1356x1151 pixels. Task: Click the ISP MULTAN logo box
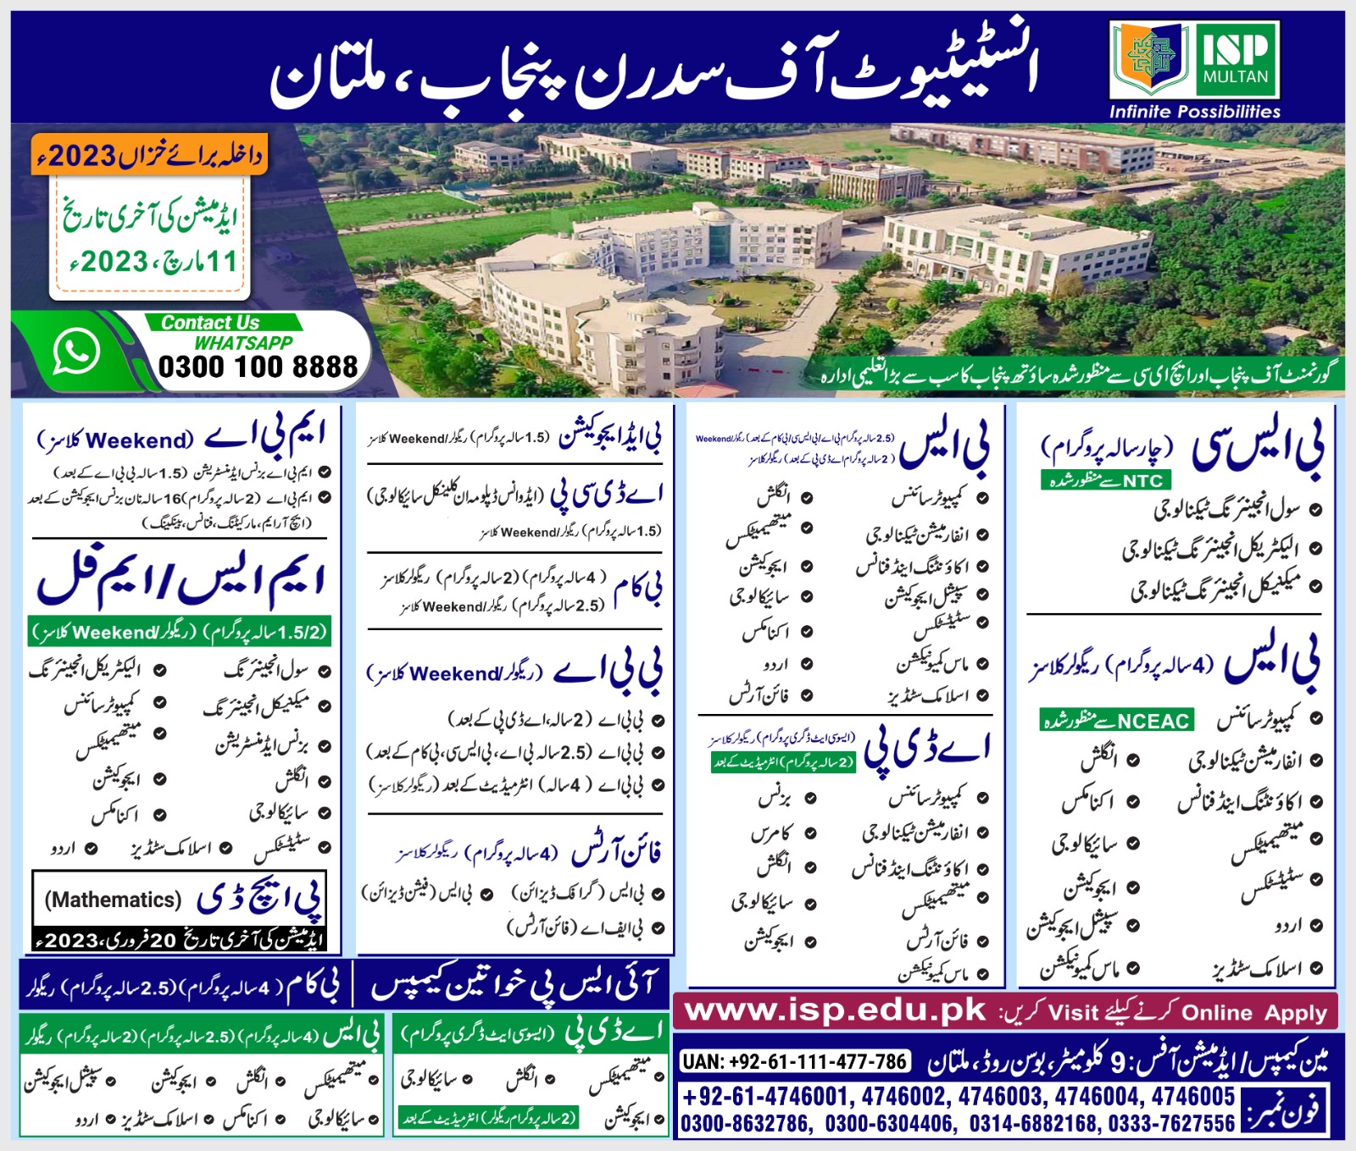tap(1194, 61)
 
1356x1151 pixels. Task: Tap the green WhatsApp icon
tap(75, 350)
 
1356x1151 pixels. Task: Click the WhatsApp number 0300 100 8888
tap(258, 367)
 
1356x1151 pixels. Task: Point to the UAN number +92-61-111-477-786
tap(794, 1061)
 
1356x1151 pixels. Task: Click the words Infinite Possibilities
tap(1194, 112)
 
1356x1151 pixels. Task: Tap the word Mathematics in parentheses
tap(113, 899)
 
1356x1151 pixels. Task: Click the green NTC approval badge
tap(1105, 481)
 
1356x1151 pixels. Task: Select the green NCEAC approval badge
tap(1117, 721)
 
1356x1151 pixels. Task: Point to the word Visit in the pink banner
tap(1073, 1013)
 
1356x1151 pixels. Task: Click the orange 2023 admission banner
tap(149, 155)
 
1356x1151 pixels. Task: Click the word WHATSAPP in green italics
tap(243, 343)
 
